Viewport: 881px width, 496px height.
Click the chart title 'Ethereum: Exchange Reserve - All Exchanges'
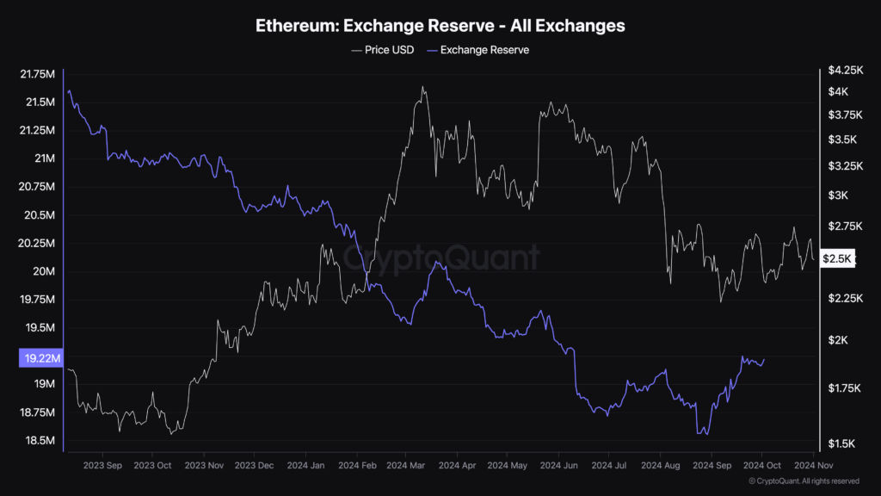coord(440,26)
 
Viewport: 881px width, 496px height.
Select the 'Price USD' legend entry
coord(383,50)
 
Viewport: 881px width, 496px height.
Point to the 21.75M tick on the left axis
coord(37,75)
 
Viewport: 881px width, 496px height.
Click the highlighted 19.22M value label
coord(40,358)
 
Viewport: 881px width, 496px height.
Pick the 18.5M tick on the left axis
coord(40,441)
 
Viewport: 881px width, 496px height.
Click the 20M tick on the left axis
coord(44,272)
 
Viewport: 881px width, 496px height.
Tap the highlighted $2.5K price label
coord(836,258)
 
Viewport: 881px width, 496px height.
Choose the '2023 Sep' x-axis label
coord(103,465)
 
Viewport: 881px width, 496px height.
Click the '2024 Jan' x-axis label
coord(307,465)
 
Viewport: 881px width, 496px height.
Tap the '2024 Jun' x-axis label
coord(559,465)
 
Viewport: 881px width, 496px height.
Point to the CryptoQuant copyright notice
coord(804,481)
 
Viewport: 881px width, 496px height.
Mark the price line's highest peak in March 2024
coord(422,87)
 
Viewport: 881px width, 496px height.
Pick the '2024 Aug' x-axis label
coord(660,465)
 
